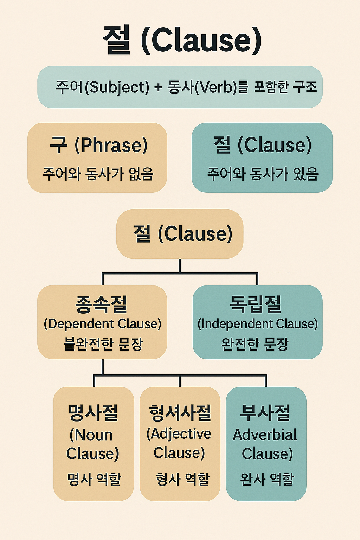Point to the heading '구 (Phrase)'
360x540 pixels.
98,145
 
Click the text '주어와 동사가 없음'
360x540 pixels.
98,174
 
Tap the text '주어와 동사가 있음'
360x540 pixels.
263,174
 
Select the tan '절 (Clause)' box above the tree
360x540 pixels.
180,233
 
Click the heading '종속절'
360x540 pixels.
101,304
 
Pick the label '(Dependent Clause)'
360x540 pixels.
102,324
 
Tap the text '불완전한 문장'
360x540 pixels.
103,344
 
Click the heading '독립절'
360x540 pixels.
256,304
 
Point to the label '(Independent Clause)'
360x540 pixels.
258,324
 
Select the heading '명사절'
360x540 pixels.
93,413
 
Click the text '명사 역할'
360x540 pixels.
94,479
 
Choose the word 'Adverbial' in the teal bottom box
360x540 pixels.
265,435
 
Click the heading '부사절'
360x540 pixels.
265,413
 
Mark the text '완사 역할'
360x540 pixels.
267,479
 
